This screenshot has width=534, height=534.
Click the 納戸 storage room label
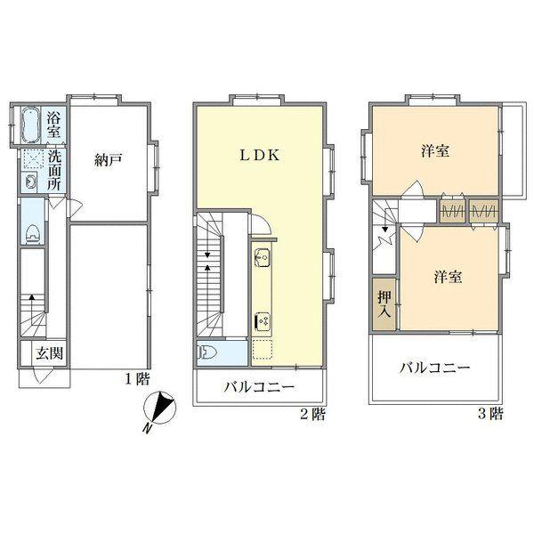tap(108, 160)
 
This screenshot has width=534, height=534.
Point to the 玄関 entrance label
tap(49, 352)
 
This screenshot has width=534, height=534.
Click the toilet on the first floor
tap(33, 233)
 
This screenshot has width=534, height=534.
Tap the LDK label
tap(260, 153)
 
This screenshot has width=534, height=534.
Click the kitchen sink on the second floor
tap(263, 259)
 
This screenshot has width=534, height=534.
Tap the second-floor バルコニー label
tap(261, 388)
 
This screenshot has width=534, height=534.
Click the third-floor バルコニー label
tap(434, 368)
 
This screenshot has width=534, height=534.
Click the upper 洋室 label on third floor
tap(434, 151)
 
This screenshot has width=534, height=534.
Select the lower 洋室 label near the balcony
tap(447, 277)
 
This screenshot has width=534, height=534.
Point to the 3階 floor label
tap(490, 413)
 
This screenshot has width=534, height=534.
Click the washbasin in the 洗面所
tap(31, 182)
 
